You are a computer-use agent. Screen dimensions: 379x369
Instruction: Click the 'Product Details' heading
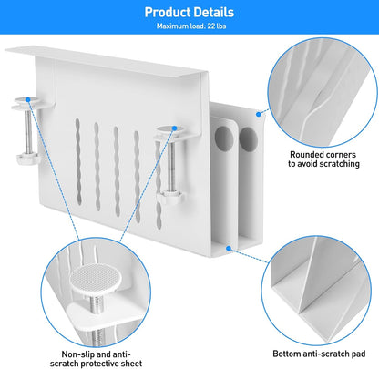tap(189, 12)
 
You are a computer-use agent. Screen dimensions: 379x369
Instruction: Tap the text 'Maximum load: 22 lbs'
tap(191, 26)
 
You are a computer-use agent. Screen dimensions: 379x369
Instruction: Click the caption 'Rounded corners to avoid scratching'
tap(323, 159)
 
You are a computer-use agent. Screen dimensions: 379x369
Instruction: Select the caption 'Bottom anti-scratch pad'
tap(319, 354)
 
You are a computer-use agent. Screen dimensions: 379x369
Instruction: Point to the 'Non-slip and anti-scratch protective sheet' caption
tap(96, 359)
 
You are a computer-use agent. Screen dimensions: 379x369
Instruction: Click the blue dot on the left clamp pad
tap(28, 99)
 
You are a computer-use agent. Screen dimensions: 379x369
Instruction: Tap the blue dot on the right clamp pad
tap(174, 128)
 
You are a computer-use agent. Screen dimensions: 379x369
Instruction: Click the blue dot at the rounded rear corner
tap(258, 114)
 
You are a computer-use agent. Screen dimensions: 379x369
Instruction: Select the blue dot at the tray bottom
tap(229, 249)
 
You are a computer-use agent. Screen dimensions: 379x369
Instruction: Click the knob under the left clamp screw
tap(28, 159)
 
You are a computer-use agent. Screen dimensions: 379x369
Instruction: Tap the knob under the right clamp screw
tap(170, 197)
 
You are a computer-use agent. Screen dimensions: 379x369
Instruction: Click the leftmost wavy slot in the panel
tap(78, 161)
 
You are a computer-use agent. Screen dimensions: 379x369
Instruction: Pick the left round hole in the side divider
tap(224, 138)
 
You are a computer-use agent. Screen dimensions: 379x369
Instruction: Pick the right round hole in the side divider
tap(248, 139)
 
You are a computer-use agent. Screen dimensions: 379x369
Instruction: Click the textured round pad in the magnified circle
tap(96, 279)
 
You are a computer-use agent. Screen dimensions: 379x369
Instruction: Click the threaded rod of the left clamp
tap(28, 131)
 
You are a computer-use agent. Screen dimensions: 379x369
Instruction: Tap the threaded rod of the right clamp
tap(170, 166)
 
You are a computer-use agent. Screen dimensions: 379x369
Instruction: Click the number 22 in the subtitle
tap(211, 26)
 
